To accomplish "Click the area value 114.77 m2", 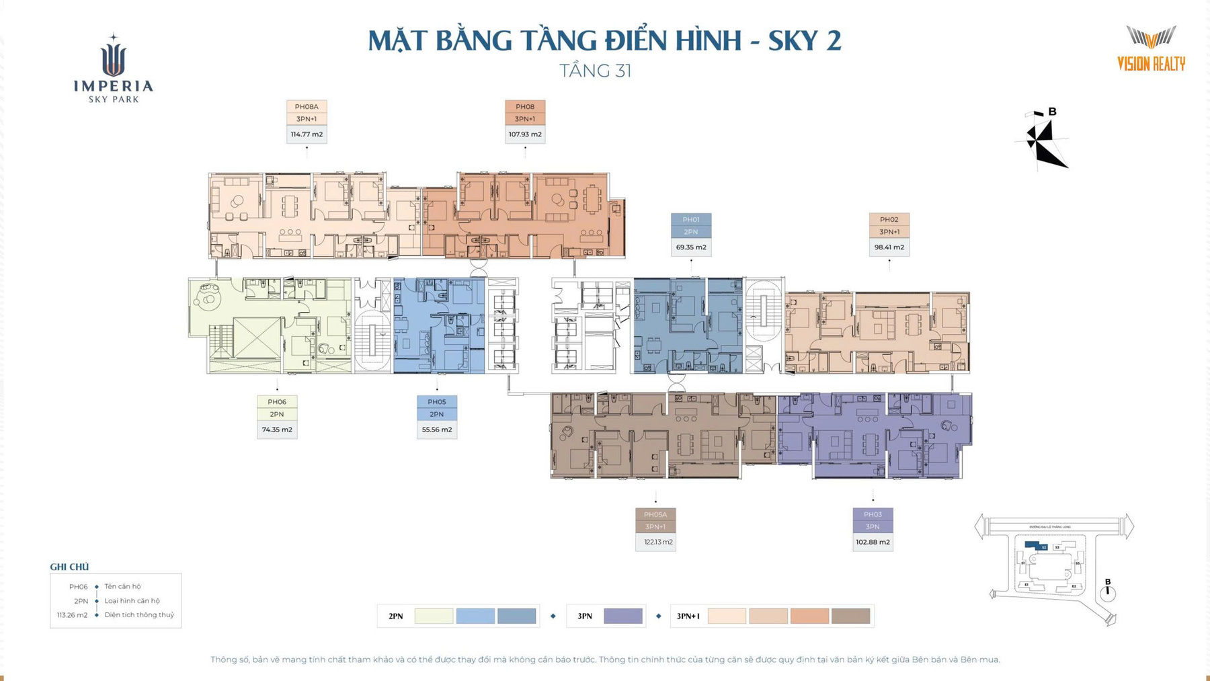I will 307,134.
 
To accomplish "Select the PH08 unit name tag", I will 525,106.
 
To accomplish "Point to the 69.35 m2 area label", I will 691,247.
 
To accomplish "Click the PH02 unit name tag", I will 889,219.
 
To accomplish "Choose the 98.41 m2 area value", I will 889,247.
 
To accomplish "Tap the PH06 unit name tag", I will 277,401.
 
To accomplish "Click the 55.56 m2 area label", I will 437,430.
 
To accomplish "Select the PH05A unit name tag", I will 655,514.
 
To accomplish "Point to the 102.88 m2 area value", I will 873,542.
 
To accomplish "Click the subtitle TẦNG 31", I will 596,71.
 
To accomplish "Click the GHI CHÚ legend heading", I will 69,567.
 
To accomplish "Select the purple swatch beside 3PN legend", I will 623,616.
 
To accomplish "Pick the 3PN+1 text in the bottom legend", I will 688,616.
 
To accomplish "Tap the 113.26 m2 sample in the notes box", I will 72,615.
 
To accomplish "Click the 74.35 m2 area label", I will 277,430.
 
